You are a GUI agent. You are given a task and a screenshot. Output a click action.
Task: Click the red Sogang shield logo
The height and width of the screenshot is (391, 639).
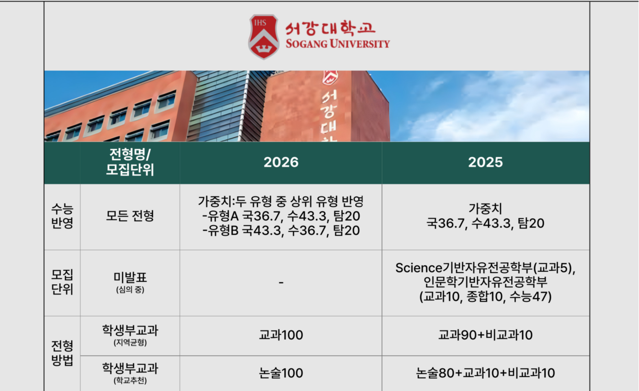pos(264,37)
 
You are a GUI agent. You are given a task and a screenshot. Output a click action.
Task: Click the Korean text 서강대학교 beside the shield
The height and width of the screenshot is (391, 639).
pos(330,29)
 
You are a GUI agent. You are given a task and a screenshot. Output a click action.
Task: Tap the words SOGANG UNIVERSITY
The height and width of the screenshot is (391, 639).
pos(337,44)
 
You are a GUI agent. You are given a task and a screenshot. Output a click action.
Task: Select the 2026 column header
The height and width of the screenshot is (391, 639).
pos(281,162)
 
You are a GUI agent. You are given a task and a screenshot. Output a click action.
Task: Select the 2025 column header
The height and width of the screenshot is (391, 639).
pos(485,162)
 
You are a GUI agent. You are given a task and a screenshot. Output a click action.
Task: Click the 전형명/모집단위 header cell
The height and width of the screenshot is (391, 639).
pos(130,162)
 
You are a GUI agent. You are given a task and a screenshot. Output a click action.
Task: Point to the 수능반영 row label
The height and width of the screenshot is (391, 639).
pos(62,216)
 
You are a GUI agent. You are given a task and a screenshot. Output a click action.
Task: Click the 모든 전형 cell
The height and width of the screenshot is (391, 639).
pos(130,216)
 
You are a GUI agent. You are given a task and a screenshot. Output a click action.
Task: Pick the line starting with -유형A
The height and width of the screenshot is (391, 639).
pos(281,216)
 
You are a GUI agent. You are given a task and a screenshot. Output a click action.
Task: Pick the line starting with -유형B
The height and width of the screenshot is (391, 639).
pos(281,230)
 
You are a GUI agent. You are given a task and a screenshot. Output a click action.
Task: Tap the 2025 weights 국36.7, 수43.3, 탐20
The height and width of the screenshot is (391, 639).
pos(485,223)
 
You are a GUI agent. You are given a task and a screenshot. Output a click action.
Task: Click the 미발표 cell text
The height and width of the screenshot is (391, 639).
pos(130,277)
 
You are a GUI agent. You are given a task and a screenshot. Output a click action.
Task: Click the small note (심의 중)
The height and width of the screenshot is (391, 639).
pos(130,290)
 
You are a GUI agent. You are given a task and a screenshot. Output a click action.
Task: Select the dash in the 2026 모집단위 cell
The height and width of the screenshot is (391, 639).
pos(281,283)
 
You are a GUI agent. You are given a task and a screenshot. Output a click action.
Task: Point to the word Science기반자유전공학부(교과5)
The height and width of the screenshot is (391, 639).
pos(485,268)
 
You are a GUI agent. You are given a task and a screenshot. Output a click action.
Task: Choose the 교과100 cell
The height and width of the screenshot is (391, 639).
pos(281,335)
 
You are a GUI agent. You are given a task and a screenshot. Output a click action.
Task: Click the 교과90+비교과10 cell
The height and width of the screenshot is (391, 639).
pos(485,335)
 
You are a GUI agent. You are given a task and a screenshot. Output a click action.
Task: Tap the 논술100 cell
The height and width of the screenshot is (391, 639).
pos(281,373)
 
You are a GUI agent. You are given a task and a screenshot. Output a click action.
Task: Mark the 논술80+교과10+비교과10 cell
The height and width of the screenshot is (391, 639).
pos(485,373)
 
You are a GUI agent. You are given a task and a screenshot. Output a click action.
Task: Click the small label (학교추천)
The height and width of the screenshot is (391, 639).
pos(130,380)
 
